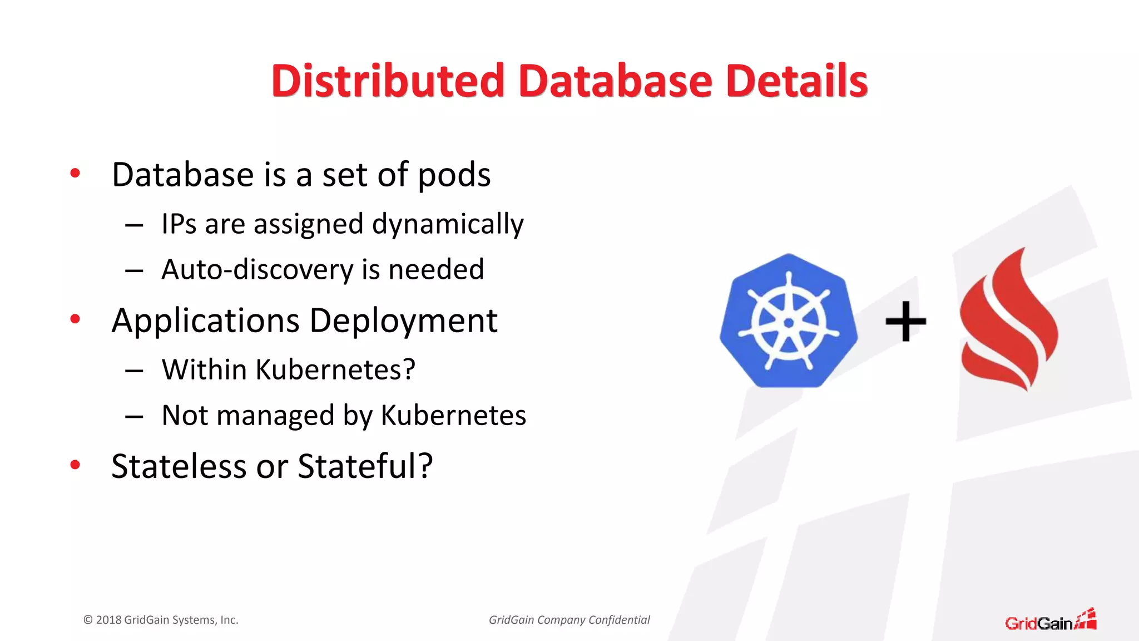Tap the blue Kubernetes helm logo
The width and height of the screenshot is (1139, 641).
click(x=788, y=322)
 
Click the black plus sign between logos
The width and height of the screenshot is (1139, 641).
click(x=905, y=321)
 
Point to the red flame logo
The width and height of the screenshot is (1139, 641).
click(x=1008, y=320)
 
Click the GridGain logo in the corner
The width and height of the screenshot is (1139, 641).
click(x=1050, y=620)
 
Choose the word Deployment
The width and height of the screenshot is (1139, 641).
click(x=403, y=321)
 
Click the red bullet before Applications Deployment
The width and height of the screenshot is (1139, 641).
click(x=75, y=319)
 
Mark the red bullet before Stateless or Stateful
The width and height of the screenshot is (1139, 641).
click(x=75, y=465)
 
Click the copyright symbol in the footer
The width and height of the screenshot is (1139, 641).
click(x=88, y=620)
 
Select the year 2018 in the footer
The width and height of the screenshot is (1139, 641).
click(x=108, y=620)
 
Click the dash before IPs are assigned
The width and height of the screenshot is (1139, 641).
click(x=134, y=225)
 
